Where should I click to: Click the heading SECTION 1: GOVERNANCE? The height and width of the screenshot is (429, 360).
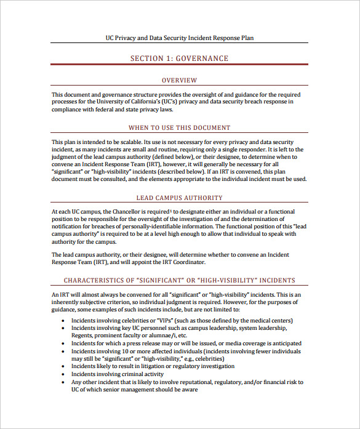(x=179, y=58)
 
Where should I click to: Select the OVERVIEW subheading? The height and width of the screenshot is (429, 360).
(x=179, y=80)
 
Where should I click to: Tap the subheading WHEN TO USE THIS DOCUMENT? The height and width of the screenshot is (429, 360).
(x=179, y=128)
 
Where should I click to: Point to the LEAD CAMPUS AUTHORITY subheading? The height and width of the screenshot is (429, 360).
(x=179, y=198)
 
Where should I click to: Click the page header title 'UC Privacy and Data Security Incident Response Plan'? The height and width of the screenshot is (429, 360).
(x=179, y=38)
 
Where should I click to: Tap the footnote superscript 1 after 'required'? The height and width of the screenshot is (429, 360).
(x=170, y=210)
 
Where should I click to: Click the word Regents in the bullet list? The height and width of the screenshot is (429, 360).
(x=82, y=335)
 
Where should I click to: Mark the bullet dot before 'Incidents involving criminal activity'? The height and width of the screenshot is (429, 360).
(x=65, y=374)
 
